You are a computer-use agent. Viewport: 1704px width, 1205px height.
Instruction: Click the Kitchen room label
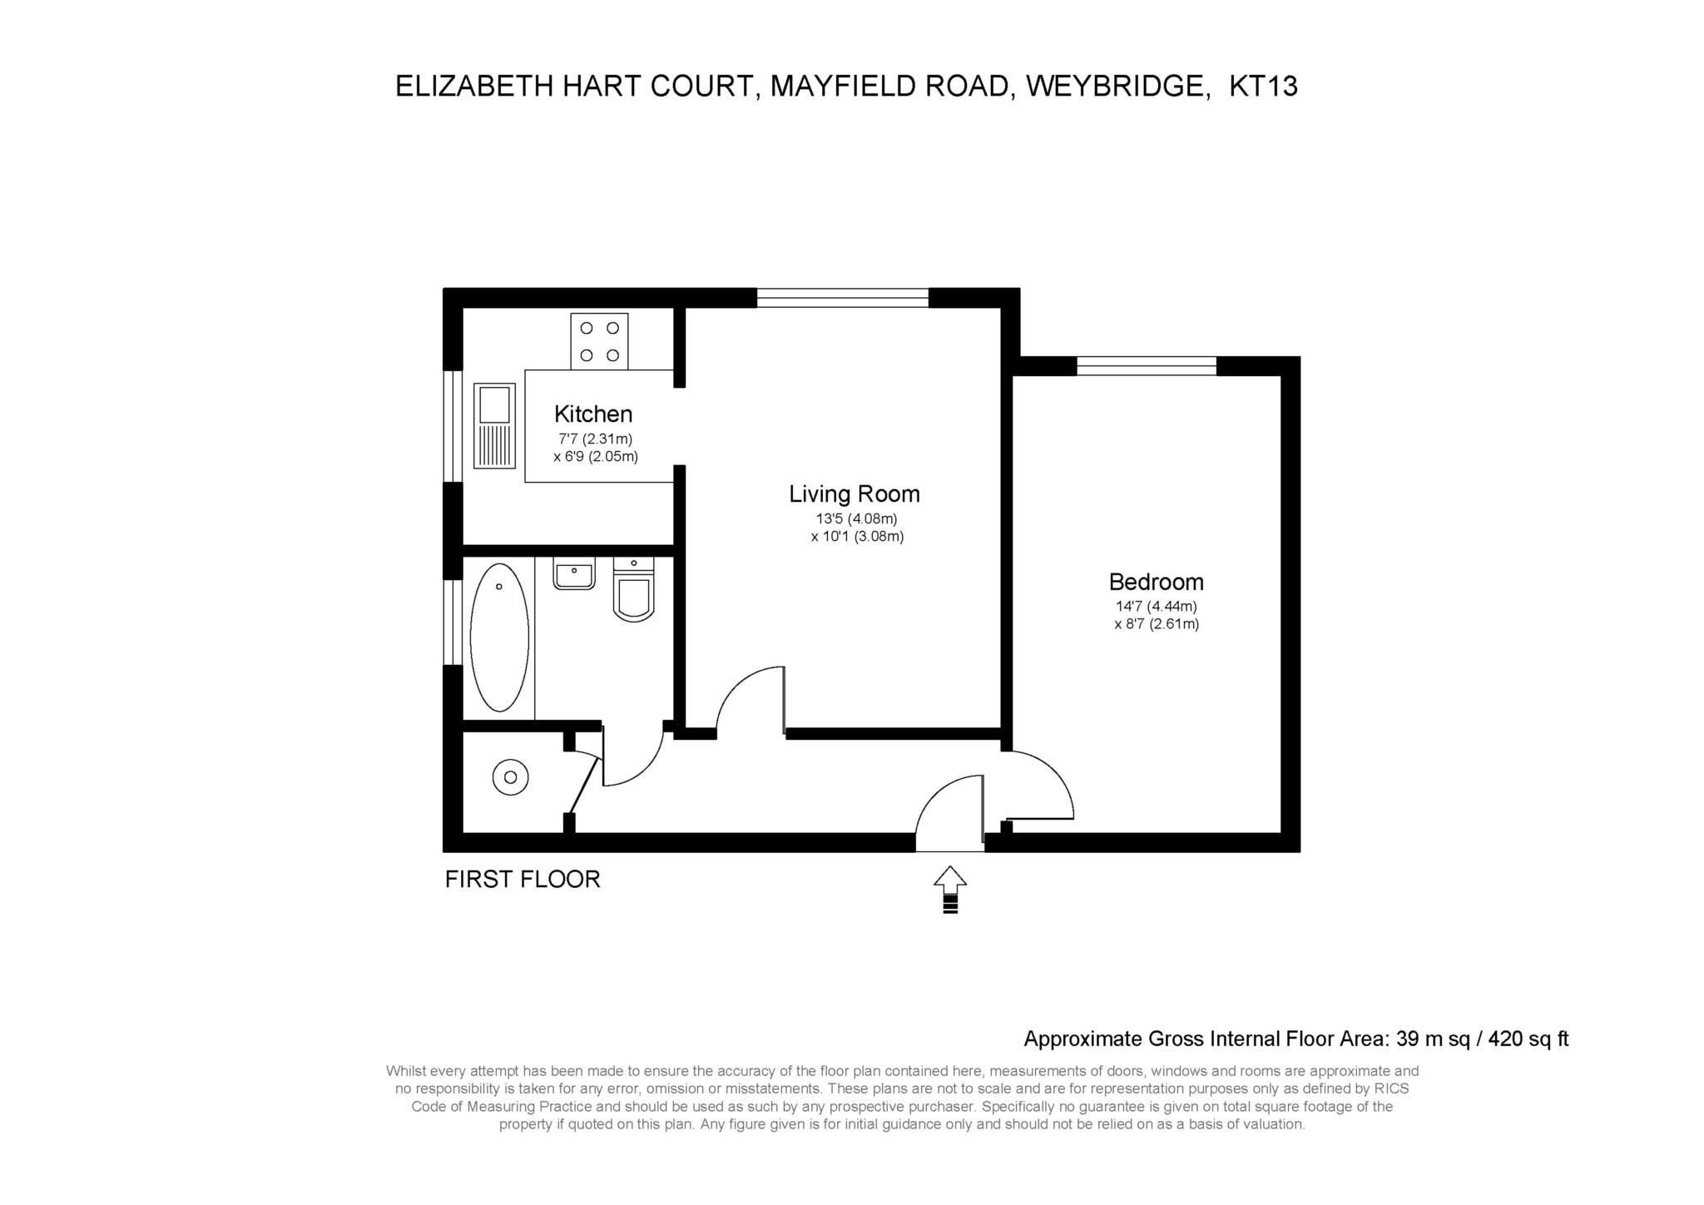click(593, 414)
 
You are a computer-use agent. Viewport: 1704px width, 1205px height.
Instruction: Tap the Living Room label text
click(854, 493)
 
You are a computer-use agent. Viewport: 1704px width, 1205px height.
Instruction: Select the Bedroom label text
click(1156, 582)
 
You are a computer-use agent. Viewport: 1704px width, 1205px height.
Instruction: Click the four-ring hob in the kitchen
click(599, 341)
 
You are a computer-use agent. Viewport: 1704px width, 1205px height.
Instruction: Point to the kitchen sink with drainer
click(493, 425)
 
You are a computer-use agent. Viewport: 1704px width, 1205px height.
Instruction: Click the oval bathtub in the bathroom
click(499, 637)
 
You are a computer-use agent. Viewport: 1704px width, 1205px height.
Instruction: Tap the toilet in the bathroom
click(633, 591)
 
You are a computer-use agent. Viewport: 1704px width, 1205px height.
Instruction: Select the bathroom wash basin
click(574, 574)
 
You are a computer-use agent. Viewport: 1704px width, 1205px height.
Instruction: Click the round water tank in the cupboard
click(510, 777)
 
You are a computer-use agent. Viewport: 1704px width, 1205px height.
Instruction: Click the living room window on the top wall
click(842, 298)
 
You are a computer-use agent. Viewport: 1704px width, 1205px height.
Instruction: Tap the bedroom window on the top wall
click(1146, 366)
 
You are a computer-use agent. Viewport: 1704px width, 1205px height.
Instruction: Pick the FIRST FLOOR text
click(523, 879)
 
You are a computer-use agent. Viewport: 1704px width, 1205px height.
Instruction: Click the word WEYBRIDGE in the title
click(1117, 86)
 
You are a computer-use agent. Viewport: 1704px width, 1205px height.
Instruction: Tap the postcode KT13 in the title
click(1263, 86)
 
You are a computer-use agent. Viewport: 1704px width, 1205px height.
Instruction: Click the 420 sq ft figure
click(1528, 1039)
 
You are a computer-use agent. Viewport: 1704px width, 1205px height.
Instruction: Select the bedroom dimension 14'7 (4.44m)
click(1156, 607)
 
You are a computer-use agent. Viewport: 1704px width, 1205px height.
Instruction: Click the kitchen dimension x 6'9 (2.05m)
click(596, 456)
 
